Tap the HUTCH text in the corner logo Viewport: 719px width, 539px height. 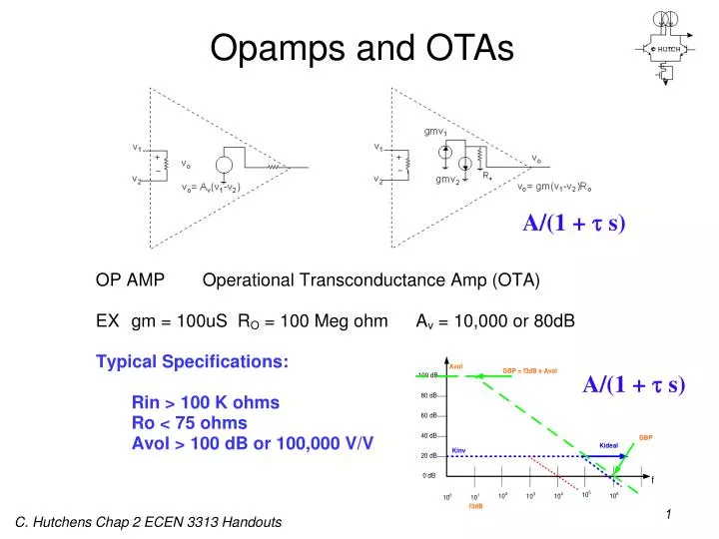669,48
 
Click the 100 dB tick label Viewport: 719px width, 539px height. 427,375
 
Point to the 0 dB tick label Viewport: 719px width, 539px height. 429,476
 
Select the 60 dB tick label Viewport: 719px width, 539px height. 428,415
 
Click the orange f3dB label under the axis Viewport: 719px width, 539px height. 476,506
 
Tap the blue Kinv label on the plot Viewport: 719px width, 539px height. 459,450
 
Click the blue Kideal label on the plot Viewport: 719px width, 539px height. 609,445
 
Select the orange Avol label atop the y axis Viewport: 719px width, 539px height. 456,366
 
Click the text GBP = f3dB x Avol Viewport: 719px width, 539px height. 529,370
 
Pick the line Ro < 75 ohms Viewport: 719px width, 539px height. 189,423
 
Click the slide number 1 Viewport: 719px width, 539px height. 668,514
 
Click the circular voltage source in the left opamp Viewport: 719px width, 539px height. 226,166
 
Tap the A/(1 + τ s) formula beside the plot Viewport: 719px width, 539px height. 634,383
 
